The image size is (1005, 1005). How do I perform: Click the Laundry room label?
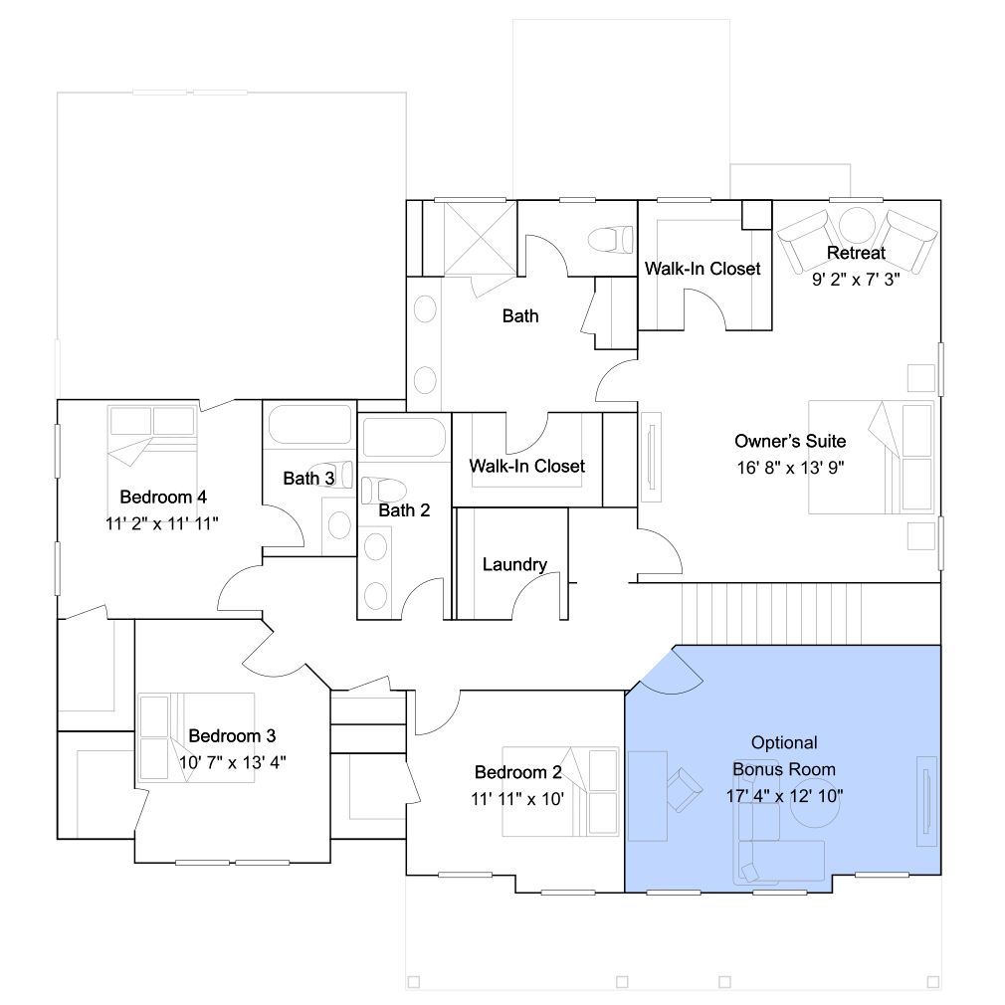tap(514, 564)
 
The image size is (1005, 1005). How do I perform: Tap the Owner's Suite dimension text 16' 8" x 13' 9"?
tap(790, 468)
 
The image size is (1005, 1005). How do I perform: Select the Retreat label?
tap(856, 253)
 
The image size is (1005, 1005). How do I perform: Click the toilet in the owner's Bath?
tap(610, 240)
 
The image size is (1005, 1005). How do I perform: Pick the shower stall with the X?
tap(480, 238)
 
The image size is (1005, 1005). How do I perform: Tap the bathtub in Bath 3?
tap(309, 424)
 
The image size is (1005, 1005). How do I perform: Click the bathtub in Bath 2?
tap(404, 437)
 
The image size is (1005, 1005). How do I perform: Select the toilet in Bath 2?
tap(384, 491)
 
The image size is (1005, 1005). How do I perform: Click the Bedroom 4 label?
tap(163, 497)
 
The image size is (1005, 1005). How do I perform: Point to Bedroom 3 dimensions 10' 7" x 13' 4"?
tap(232, 763)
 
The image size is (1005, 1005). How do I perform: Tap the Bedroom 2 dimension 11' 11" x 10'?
tap(517, 799)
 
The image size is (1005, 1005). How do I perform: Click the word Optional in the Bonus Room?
tap(784, 743)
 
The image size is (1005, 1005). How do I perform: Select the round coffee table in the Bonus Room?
tap(814, 802)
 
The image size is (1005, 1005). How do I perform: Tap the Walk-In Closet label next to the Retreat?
tap(703, 269)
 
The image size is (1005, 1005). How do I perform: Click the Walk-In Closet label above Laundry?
tap(526, 466)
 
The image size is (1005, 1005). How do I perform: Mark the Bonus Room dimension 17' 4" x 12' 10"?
tap(784, 796)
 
